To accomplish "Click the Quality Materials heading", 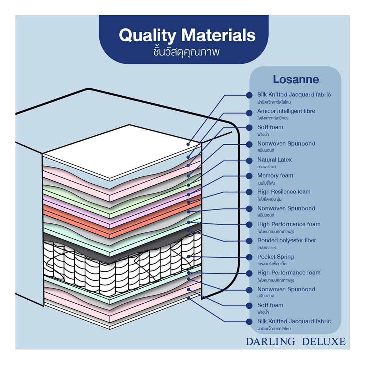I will pyautogui.click(x=187, y=35).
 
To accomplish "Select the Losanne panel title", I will pyautogui.click(x=296, y=80).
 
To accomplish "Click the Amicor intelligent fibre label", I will pyautogui.click(x=286, y=111).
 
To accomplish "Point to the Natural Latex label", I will pyautogui.click(x=274, y=160).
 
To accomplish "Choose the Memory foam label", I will pyautogui.click(x=275, y=176).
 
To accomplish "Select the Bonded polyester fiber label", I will pyautogui.click(x=287, y=241).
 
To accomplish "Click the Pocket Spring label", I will pyautogui.click(x=275, y=257).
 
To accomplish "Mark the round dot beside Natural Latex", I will pyautogui.click(x=249, y=160).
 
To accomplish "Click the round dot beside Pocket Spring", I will pyautogui.click(x=249, y=257).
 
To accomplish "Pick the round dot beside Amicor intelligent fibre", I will pyautogui.click(x=249, y=112).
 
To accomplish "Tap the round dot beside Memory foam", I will pyautogui.click(x=249, y=176).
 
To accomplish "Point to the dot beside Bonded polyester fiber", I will pyautogui.click(x=249, y=241).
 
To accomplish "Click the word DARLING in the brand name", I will pyautogui.click(x=270, y=342).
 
